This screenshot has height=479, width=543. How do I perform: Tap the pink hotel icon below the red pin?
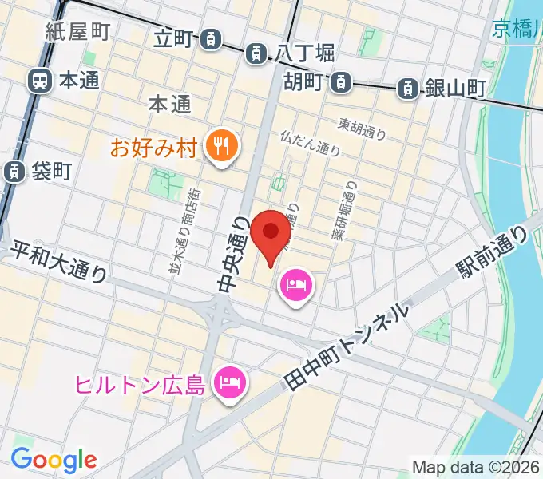(x=296, y=284)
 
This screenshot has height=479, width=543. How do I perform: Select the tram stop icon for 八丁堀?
(x=256, y=53)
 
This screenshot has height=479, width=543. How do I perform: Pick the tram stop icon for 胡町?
(x=341, y=81)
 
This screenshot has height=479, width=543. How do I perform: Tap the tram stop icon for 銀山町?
(x=408, y=89)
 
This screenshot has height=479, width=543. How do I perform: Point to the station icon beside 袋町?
(x=14, y=171)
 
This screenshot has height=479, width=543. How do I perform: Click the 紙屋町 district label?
(x=77, y=32)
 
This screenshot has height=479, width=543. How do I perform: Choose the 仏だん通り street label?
(x=310, y=143)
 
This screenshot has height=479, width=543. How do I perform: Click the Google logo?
(x=54, y=460)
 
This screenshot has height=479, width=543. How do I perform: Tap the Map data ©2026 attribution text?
(x=476, y=467)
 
